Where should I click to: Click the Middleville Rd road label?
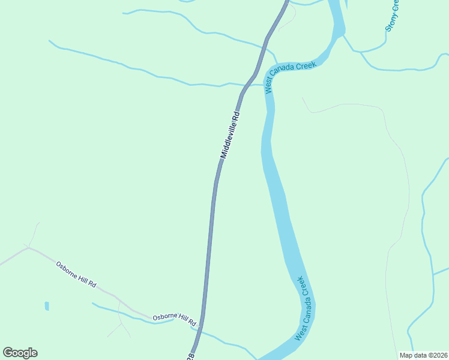[x=230, y=134]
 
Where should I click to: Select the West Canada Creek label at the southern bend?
[x=304, y=308]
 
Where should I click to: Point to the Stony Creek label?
[x=392, y=15]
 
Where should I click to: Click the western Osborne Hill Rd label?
[x=76, y=274]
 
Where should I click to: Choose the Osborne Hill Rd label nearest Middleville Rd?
[x=174, y=317]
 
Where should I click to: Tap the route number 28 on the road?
[x=190, y=356]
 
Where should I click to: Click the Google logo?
[x=20, y=353]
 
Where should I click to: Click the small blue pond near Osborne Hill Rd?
[x=47, y=306]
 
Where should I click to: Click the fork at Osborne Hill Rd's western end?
[x=28, y=247]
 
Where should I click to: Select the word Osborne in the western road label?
[x=67, y=269]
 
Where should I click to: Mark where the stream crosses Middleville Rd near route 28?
[x=195, y=329]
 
